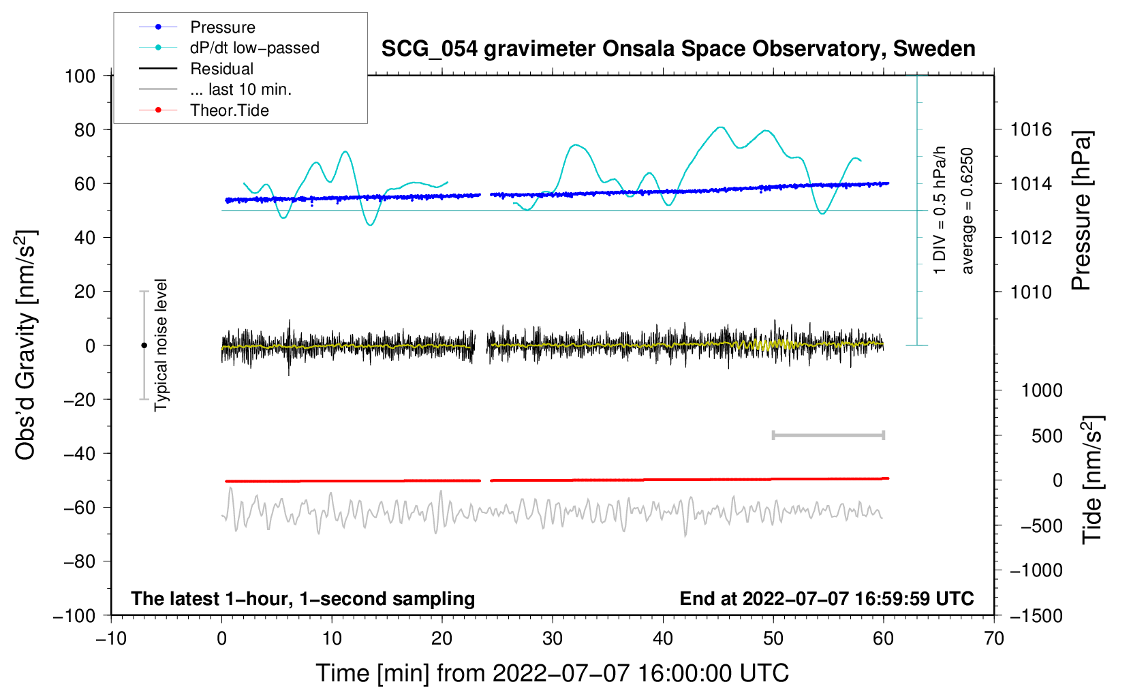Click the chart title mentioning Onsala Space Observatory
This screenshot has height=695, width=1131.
(x=678, y=49)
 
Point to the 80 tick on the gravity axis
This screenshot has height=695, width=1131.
(x=84, y=130)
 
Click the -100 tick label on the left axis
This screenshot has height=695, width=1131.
(x=74, y=616)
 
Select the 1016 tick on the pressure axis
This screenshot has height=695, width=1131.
(x=1031, y=130)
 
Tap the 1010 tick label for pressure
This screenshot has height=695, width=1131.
(x=1031, y=292)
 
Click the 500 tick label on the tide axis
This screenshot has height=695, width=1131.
(x=1047, y=435)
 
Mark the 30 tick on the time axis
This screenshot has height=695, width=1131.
(x=553, y=639)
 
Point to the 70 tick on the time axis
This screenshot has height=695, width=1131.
(x=993, y=639)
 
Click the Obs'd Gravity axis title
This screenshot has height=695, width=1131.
(x=27, y=345)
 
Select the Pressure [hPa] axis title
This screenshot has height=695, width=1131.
(x=1081, y=211)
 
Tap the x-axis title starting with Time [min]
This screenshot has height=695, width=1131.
(x=553, y=674)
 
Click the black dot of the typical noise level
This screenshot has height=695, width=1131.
(x=144, y=345)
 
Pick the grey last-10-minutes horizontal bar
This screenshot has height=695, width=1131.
(x=828, y=435)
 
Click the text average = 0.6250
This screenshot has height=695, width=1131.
(x=966, y=211)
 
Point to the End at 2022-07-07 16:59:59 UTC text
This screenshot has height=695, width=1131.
(x=826, y=598)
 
